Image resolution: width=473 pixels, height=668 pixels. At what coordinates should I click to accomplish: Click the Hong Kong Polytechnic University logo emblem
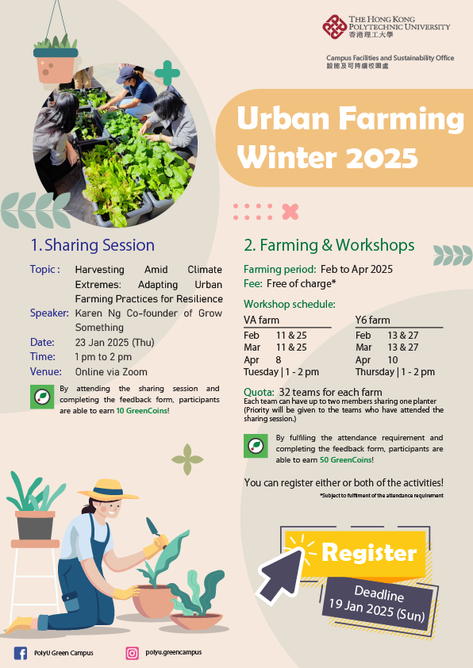pyautogui.click(x=333, y=27)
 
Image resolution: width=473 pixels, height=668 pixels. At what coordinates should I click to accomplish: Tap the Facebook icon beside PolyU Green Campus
pyautogui.click(x=21, y=653)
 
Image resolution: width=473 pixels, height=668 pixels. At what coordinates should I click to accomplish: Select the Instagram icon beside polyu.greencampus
pyautogui.click(x=132, y=653)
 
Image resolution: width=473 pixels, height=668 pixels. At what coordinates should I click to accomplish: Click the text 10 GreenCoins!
pyautogui.click(x=143, y=411)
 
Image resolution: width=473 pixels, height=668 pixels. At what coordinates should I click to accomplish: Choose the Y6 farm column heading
pyautogui.click(x=372, y=321)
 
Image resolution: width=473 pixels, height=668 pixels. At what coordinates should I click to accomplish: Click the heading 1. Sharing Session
pyautogui.click(x=92, y=244)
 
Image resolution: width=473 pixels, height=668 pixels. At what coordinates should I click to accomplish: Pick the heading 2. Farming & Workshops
pyautogui.click(x=329, y=244)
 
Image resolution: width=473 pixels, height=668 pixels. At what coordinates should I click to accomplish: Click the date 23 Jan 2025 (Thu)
pyautogui.click(x=115, y=342)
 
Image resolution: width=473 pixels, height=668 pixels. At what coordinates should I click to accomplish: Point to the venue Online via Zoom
pyautogui.click(x=111, y=371)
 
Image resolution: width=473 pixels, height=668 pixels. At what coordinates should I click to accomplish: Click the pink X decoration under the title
pyautogui.click(x=290, y=211)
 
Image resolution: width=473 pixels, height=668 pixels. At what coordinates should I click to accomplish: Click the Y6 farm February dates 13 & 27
pyautogui.click(x=403, y=336)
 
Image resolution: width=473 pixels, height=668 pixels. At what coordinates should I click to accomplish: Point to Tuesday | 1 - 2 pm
pyautogui.click(x=281, y=371)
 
